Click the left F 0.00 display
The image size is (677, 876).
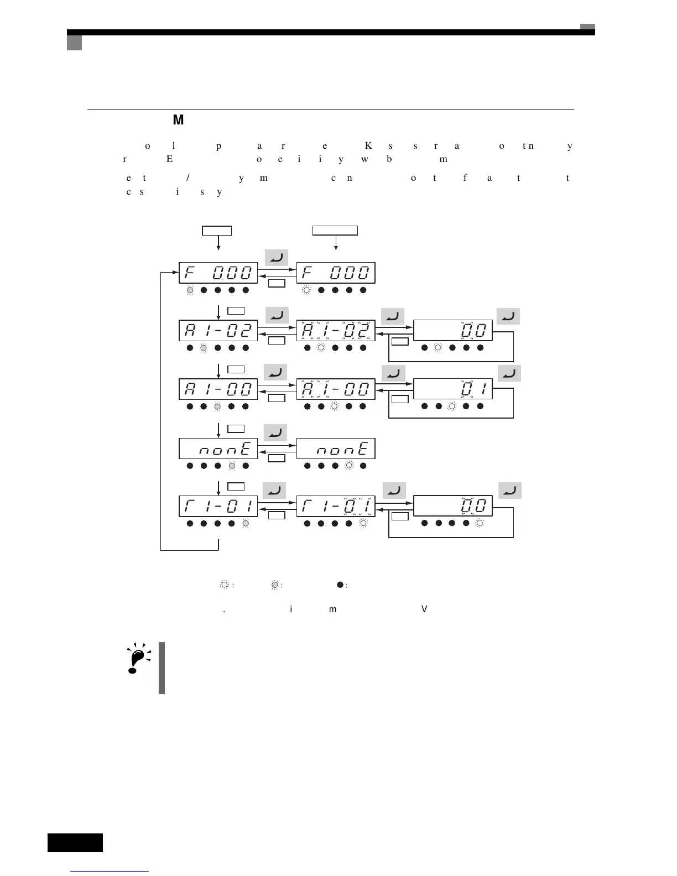[x=218, y=273]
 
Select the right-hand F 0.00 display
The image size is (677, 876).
[x=336, y=273]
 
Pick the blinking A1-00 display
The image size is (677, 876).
[x=336, y=389]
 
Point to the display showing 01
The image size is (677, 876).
[x=452, y=389]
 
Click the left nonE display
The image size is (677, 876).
[x=218, y=449]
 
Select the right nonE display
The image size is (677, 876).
[x=336, y=449]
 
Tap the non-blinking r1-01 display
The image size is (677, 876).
[x=218, y=506]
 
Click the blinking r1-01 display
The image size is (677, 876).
[x=336, y=506]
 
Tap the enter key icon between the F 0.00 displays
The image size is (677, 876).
[x=277, y=257]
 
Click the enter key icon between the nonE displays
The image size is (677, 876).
[x=275, y=432]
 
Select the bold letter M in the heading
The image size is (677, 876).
[x=178, y=120]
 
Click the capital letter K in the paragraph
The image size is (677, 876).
[x=368, y=146]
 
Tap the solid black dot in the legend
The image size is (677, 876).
[x=340, y=585]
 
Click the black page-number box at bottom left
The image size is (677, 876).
[x=75, y=842]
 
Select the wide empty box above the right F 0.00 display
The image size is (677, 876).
[x=335, y=231]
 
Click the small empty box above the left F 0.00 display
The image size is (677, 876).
[x=216, y=231]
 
